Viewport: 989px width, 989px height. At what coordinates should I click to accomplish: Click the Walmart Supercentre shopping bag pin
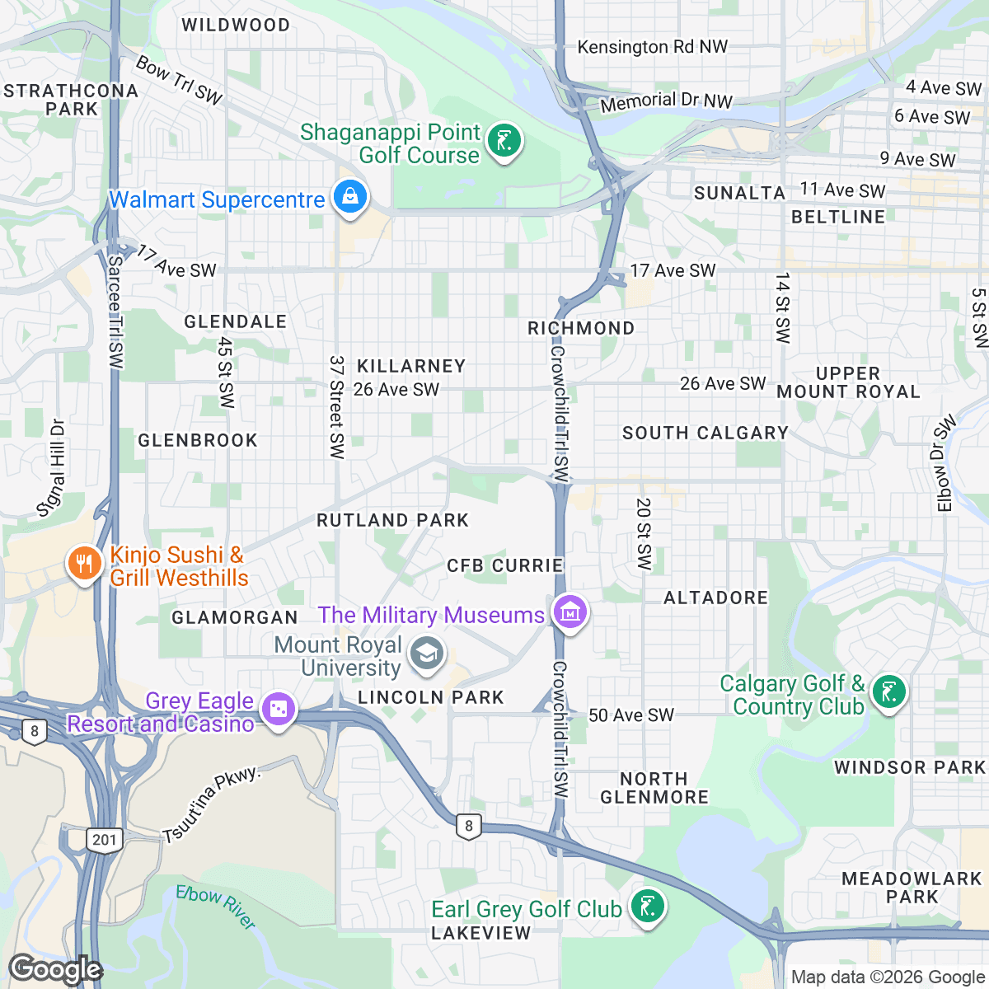pos(350,198)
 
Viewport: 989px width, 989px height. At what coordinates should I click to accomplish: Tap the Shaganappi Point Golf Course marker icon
pos(503,141)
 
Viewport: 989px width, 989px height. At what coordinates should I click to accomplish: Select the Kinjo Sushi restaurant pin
pos(83,565)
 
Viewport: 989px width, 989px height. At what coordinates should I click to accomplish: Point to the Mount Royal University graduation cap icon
pos(426,655)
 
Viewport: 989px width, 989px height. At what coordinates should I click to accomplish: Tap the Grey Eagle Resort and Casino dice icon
pos(278,710)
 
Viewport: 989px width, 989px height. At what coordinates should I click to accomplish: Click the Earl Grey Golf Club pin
pos(647,907)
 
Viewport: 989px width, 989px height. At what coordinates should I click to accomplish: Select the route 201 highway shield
pos(105,840)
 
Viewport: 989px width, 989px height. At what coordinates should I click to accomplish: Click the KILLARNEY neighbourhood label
pos(411,366)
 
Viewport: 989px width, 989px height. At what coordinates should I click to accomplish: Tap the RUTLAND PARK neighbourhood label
pos(393,520)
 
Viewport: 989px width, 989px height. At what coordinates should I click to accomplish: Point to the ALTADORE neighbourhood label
pos(715,598)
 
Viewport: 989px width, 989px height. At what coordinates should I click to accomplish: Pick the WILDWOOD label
pos(236,25)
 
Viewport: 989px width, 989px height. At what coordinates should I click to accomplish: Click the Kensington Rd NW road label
pos(652,47)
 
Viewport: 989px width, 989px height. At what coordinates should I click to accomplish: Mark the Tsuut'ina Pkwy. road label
pos(212,804)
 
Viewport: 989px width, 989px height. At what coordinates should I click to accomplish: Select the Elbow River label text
pos(216,907)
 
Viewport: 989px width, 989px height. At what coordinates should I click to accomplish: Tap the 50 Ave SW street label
pos(630,715)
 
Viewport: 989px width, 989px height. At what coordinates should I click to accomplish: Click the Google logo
pos(54,969)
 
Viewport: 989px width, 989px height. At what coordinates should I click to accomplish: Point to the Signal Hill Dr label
pos(52,468)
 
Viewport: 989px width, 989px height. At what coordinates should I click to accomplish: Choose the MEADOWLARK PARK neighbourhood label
pos(912,888)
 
